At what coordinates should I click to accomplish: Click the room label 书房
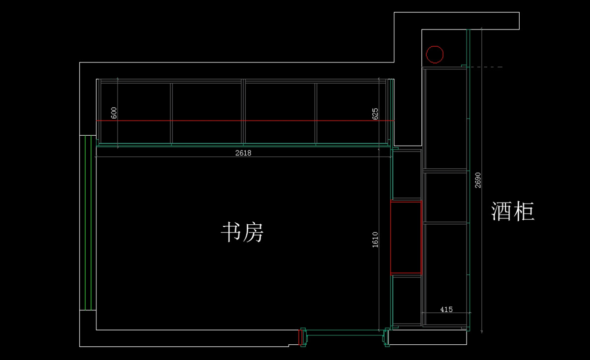[242, 232]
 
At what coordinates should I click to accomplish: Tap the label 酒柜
[512, 211]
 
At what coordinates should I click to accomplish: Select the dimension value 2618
[243, 153]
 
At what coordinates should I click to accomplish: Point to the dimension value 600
[114, 113]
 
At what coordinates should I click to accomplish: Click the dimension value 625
[375, 114]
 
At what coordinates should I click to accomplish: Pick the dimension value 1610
[375, 240]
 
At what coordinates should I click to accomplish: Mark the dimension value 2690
[478, 180]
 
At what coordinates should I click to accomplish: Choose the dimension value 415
[446, 309]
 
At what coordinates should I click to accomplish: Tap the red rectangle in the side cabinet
[390, 237]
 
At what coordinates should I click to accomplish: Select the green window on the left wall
[88, 223]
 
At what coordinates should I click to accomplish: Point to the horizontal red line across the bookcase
[245, 120]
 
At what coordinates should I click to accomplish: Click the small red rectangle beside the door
[300, 337]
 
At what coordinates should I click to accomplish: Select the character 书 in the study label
[231, 232]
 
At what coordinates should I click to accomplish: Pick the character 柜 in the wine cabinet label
[524, 211]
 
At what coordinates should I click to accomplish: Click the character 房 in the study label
[253, 232]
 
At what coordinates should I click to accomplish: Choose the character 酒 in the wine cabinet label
[501, 211]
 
